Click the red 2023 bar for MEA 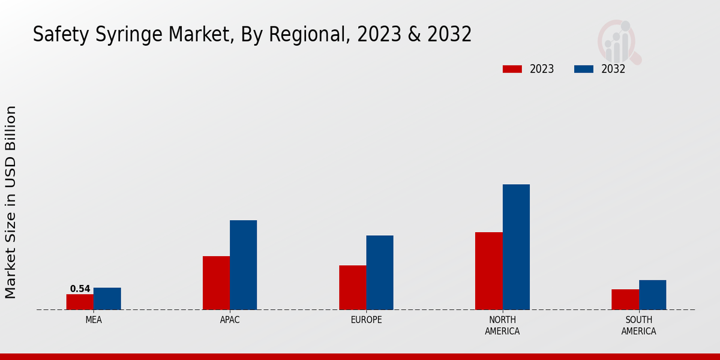pos(80,302)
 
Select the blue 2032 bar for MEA pos(107,299)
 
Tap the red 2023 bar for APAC pos(216,283)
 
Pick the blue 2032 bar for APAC pos(243,265)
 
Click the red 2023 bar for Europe pos(352,287)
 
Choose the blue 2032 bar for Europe pos(380,272)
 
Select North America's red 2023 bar pos(488,271)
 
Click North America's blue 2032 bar pos(516,247)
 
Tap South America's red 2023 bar pos(625,299)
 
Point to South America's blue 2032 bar pos(652,295)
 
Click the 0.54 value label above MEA pos(80,289)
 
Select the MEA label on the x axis pos(94,320)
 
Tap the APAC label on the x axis pos(230,320)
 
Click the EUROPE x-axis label pos(366,320)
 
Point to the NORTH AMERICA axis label pos(502,325)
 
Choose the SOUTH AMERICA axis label pos(638,325)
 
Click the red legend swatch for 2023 pos(512,69)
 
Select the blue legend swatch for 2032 pos(583,69)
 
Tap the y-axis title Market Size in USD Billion pos(11,202)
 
